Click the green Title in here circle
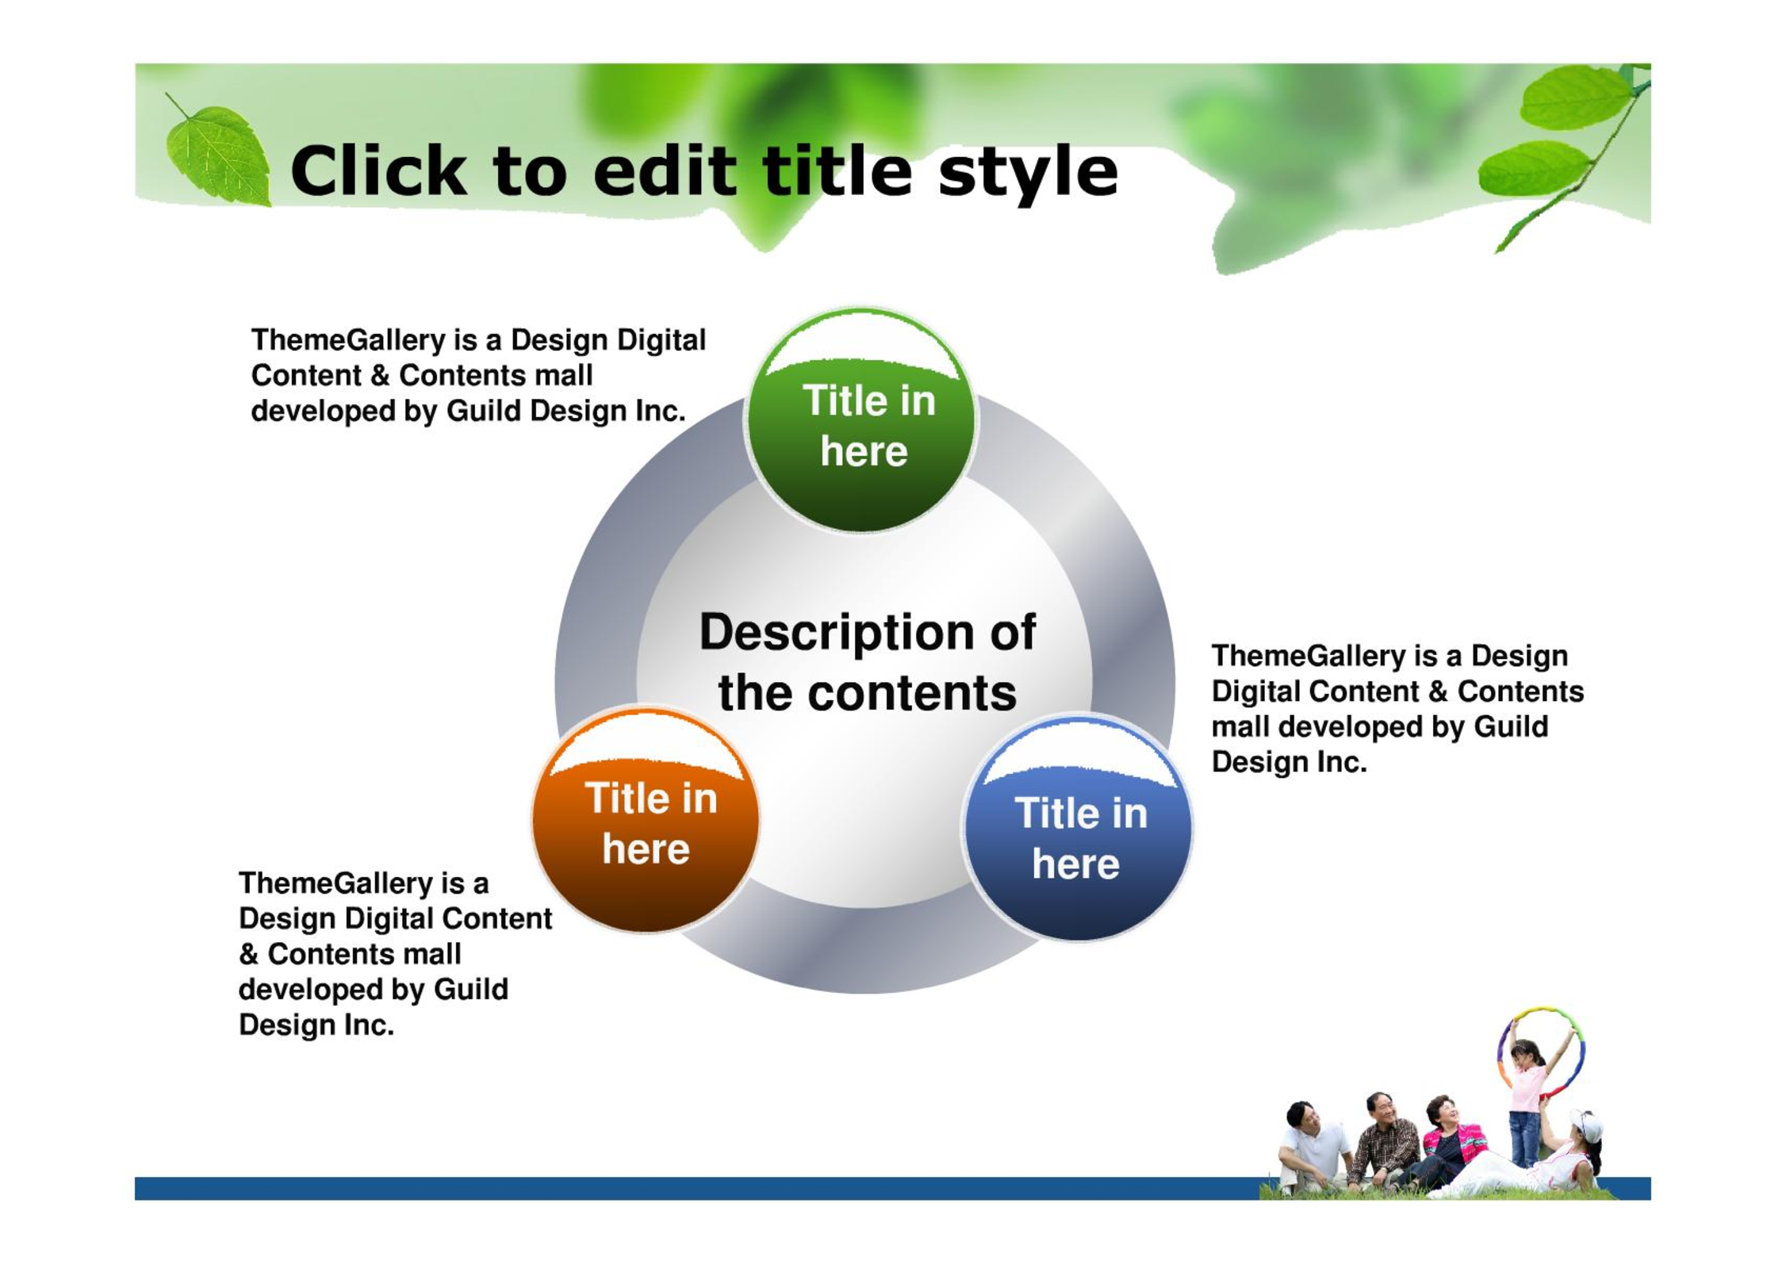861,420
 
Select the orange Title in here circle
646,820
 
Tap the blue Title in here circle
1078,828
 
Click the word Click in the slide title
378,170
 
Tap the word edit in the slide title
665,170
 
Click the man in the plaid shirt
1384,1140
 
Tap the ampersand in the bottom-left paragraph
249,954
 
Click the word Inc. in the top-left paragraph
660,411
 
